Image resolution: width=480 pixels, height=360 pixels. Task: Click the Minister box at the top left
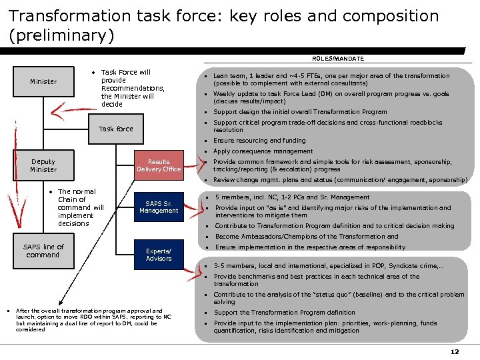43,82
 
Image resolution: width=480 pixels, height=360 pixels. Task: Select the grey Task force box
116,129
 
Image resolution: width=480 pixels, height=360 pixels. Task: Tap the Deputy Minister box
43,165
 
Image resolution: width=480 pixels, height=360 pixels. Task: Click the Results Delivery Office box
159,165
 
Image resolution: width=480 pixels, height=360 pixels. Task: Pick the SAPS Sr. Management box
159,207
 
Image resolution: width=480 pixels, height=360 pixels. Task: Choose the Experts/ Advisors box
159,255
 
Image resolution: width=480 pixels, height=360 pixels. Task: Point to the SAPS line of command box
43,251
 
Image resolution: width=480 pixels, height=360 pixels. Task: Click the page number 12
455,351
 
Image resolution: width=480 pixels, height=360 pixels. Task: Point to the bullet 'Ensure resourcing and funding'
259,141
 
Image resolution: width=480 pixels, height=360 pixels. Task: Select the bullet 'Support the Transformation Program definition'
285,313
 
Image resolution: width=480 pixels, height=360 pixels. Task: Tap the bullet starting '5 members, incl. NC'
292,197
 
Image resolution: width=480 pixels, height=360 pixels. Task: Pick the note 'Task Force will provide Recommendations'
132,88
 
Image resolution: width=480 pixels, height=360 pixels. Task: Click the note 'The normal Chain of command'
81,207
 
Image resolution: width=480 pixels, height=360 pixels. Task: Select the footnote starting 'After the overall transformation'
93,320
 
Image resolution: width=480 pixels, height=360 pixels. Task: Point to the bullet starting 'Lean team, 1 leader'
322,79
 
